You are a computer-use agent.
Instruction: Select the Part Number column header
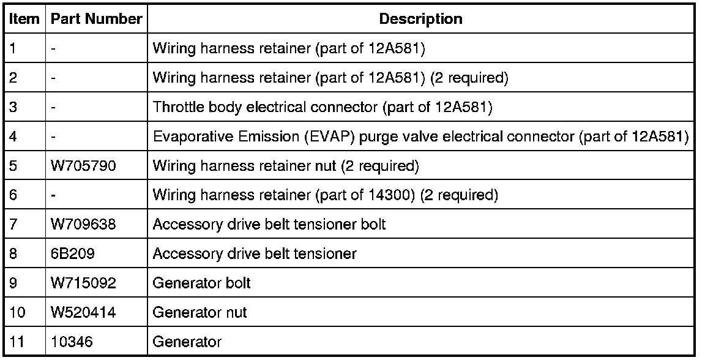click(x=96, y=20)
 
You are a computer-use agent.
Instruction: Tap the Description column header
click(x=420, y=20)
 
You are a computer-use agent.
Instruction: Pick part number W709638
click(x=83, y=225)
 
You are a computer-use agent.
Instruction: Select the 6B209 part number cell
click(x=72, y=253)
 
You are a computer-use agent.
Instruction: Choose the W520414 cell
click(x=83, y=313)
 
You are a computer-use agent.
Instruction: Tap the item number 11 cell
click(x=17, y=342)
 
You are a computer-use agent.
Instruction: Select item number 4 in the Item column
click(x=14, y=137)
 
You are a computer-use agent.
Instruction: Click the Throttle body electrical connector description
click(x=323, y=108)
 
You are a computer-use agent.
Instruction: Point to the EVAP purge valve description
click(x=420, y=137)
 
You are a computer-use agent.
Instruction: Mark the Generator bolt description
click(x=201, y=283)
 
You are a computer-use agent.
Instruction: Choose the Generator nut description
click(x=200, y=313)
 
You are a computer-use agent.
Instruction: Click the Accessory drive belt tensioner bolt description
click(x=269, y=225)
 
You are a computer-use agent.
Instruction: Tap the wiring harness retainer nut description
click(x=285, y=166)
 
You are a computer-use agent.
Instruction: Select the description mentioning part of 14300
click(x=325, y=195)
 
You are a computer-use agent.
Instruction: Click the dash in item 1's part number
click(x=54, y=49)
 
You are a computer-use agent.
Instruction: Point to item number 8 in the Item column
click(x=14, y=253)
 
